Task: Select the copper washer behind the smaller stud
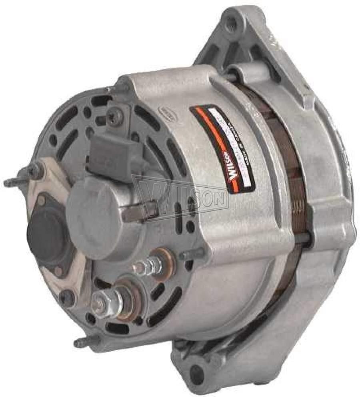pyautogui.click(x=165, y=262)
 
